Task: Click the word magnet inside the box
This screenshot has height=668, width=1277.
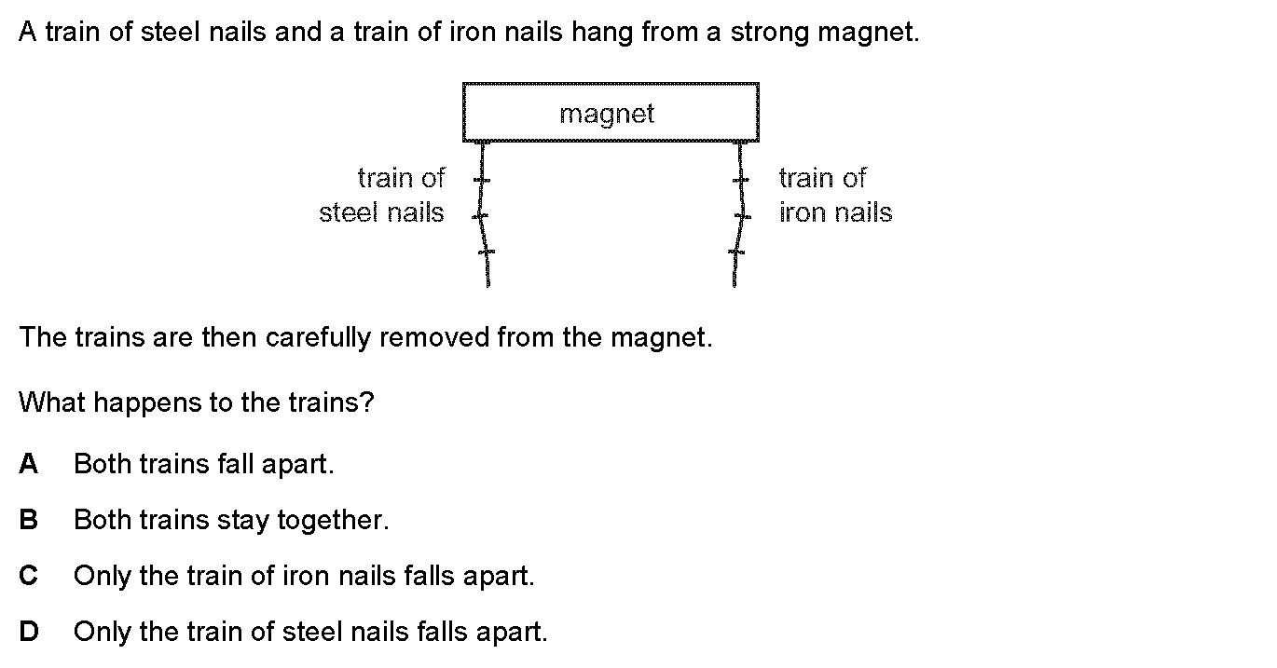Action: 607,114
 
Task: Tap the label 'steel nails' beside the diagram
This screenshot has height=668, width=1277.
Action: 381,212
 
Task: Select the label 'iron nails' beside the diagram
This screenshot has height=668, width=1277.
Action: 835,212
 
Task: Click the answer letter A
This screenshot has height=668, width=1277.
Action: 29,464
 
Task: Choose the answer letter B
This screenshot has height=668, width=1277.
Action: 29,520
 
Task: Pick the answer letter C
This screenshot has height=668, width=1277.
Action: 29,576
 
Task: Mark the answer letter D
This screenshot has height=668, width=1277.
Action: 29,632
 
